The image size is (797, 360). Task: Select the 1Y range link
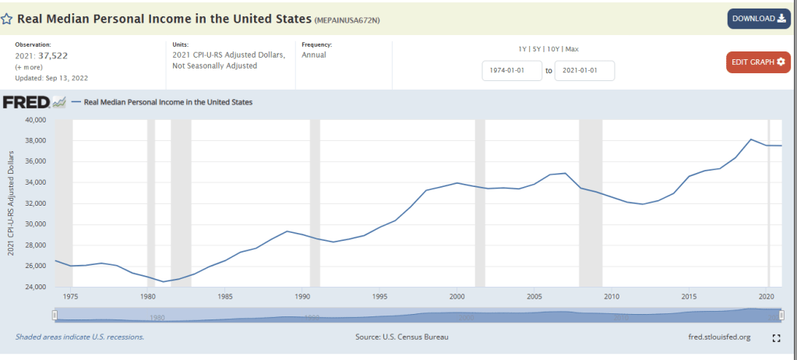[x=523, y=49]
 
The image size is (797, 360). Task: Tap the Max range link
[x=572, y=49]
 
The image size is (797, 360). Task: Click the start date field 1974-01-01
[x=512, y=71]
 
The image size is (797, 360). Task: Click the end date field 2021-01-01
[x=584, y=71]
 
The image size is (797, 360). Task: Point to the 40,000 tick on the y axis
[x=36, y=120]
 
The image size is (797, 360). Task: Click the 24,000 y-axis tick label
[x=36, y=287]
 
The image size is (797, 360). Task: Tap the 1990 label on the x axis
[x=302, y=296]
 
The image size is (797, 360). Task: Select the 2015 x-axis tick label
[x=689, y=296]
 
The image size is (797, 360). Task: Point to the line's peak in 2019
[x=750, y=139]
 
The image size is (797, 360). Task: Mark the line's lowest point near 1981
[x=164, y=281]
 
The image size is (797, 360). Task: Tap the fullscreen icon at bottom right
[x=775, y=338]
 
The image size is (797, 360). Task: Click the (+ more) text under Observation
[x=29, y=67]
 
